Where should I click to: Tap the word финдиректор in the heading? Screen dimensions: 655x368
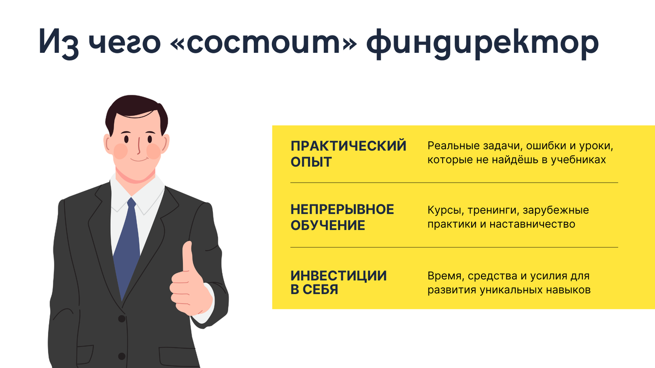483,44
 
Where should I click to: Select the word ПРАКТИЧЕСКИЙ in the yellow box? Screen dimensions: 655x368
348,146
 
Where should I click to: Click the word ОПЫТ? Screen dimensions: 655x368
311,162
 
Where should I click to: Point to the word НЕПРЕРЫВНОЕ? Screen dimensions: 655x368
342,209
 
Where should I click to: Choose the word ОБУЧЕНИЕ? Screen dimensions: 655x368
327,225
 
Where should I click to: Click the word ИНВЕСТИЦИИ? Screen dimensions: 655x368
338,276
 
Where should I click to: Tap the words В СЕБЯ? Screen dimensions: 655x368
314,289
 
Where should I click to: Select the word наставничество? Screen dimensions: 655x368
532,224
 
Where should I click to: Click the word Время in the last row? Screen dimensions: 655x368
446,276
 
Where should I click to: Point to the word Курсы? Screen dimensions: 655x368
445,210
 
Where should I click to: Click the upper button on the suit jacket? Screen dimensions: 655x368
122,318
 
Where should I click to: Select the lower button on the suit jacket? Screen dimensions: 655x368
122,356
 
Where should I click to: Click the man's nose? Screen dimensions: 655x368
139,146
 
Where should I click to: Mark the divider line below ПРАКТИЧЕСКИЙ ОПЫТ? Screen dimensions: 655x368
454,183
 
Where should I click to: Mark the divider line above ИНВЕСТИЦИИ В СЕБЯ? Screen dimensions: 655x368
454,248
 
